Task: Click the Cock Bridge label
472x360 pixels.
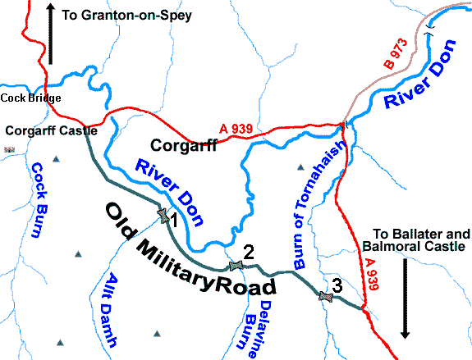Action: click(x=30, y=98)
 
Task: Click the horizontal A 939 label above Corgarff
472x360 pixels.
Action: click(x=235, y=128)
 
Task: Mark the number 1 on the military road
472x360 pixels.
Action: click(x=172, y=219)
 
